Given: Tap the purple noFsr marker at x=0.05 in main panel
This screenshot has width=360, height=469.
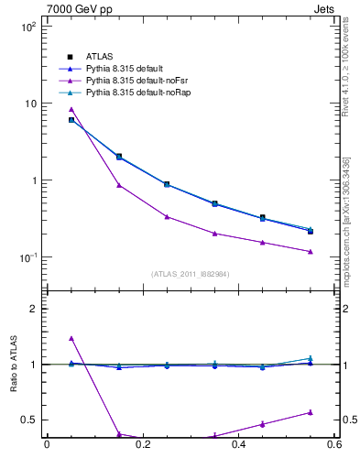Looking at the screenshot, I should coord(71,109).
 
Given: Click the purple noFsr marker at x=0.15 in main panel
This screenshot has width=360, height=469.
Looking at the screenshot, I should coord(119,185).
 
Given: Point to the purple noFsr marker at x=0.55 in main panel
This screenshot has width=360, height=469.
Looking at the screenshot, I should coord(311,252).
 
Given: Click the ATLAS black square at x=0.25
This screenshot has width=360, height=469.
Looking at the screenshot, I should coord(167,184).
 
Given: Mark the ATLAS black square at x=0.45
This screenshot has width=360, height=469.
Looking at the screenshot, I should coord(263,218).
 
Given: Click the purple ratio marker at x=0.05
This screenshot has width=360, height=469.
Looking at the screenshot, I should coord(71,338).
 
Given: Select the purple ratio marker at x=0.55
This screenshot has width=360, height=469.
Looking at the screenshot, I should coord(311,412).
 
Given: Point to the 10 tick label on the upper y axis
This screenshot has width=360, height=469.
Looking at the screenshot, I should coord(31,104).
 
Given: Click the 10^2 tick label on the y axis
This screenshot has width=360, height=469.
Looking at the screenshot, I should coord(29,27).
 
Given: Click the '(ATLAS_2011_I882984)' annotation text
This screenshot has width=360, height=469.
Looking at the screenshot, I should coord(191,274).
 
